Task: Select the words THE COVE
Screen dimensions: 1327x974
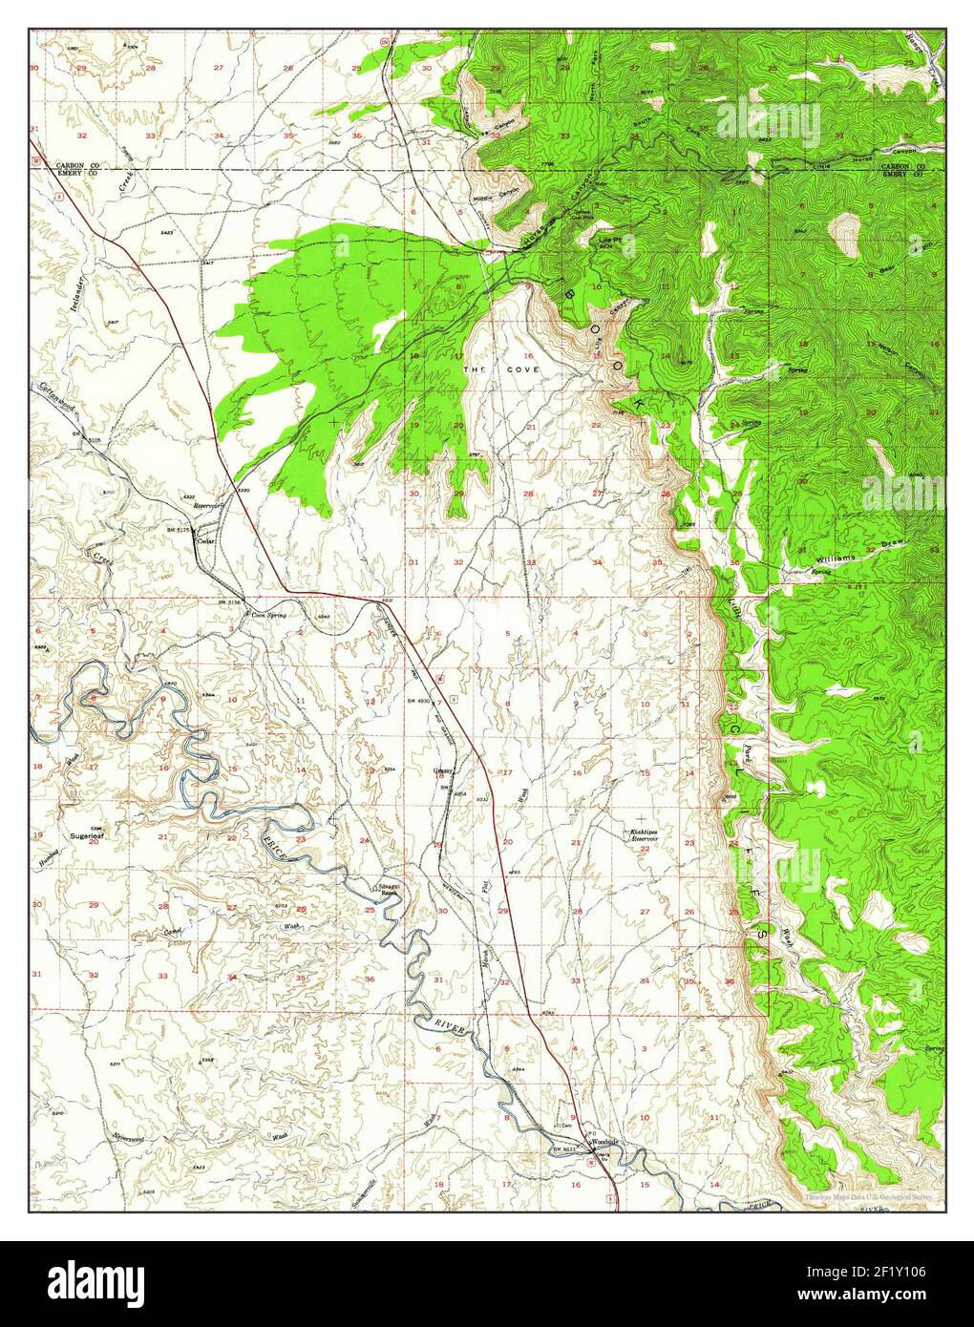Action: click(501, 369)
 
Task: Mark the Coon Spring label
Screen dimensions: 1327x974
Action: click(269, 616)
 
